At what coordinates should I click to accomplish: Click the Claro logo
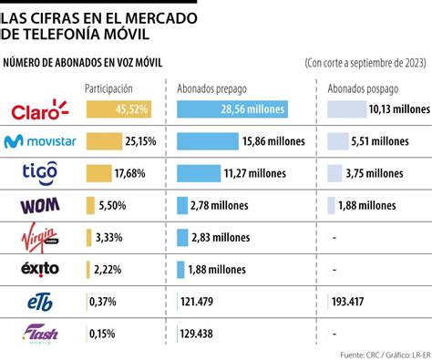(x=40, y=110)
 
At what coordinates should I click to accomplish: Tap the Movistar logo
(x=39, y=141)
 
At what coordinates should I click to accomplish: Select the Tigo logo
(x=40, y=172)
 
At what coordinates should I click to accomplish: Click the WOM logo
(x=40, y=205)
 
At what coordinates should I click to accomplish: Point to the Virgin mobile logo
(x=40, y=237)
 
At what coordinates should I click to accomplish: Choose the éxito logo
(x=40, y=268)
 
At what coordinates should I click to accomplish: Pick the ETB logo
(x=40, y=300)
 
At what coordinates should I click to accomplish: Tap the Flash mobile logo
(x=40, y=334)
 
